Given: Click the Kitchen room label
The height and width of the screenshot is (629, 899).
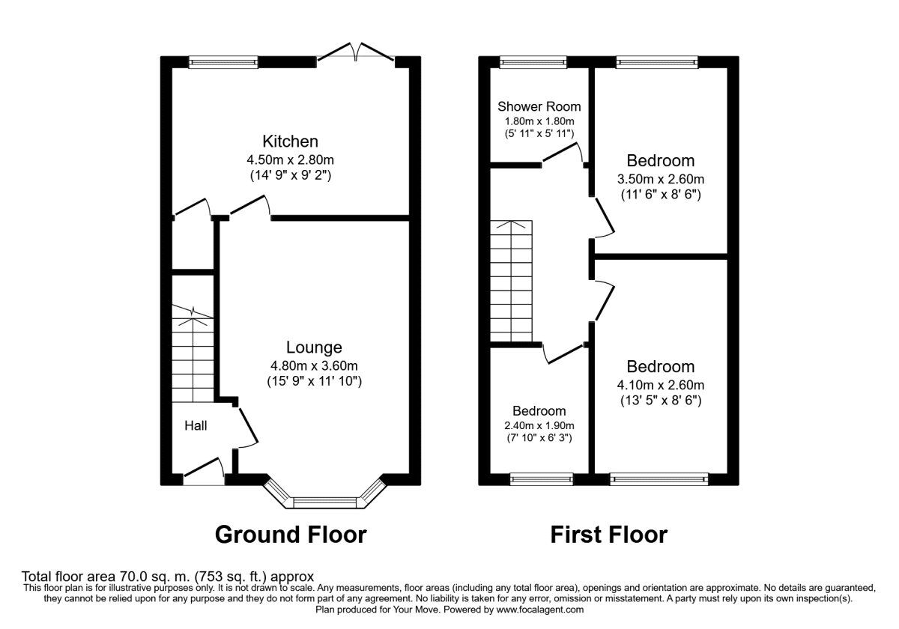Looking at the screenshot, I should click(290, 141).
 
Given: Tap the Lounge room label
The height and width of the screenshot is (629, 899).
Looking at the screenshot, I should click(314, 347).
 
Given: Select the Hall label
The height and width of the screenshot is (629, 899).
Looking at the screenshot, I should click(196, 425).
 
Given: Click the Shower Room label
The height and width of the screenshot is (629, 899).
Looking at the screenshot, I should click(539, 106).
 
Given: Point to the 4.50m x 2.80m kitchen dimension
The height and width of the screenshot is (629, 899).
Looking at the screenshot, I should click(290, 159).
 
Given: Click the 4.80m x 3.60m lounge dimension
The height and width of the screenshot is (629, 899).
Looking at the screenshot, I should click(314, 365).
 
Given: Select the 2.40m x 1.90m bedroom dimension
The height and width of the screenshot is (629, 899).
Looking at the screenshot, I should click(539, 425).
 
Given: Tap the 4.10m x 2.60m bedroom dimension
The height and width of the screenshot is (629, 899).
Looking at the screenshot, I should click(660, 385).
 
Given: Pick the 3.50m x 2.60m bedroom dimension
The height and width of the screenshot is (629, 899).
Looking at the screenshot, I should click(660, 179).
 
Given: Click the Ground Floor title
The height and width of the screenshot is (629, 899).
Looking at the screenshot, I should click(291, 535).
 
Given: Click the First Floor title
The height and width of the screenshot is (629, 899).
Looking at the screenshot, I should click(608, 535).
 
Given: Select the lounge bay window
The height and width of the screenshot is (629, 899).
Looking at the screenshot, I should click(325, 499).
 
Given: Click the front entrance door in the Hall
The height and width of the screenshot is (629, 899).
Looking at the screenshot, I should click(205, 474).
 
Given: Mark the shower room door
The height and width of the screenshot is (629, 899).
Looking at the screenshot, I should click(563, 153).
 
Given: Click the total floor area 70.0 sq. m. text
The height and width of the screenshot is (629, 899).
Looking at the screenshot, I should click(168, 577).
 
